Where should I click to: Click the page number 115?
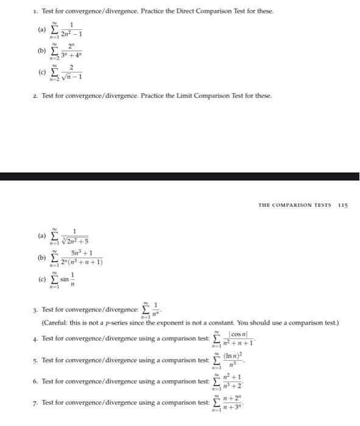342,205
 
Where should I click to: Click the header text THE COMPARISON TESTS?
294,205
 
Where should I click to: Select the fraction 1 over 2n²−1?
72,29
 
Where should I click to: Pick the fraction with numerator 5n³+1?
81,257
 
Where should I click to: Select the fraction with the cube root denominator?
74,235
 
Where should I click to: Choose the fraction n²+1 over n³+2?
231,382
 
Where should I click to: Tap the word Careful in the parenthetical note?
56,322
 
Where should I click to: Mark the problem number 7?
35,403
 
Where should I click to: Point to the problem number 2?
35,96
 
